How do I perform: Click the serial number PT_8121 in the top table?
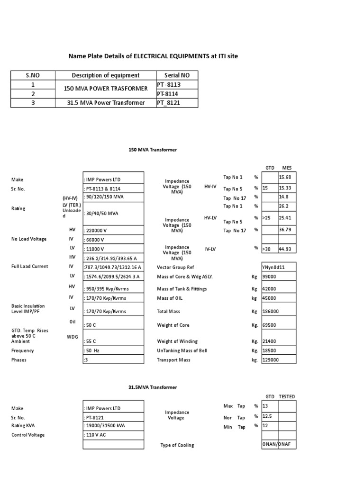click(169, 102)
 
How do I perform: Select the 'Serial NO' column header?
click(177, 75)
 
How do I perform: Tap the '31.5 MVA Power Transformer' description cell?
click(106, 102)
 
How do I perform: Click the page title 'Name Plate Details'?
click(153, 56)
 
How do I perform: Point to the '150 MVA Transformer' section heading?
click(153, 150)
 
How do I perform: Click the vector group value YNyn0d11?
click(274, 267)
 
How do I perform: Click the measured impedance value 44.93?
click(285, 249)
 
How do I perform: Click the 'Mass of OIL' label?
click(170, 298)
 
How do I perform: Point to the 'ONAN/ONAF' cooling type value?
click(279, 445)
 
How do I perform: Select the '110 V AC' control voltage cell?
click(98, 435)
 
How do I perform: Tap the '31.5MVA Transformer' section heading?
click(153, 387)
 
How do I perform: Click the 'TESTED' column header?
click(287, 396)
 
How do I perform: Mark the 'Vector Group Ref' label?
click(175, 267)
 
